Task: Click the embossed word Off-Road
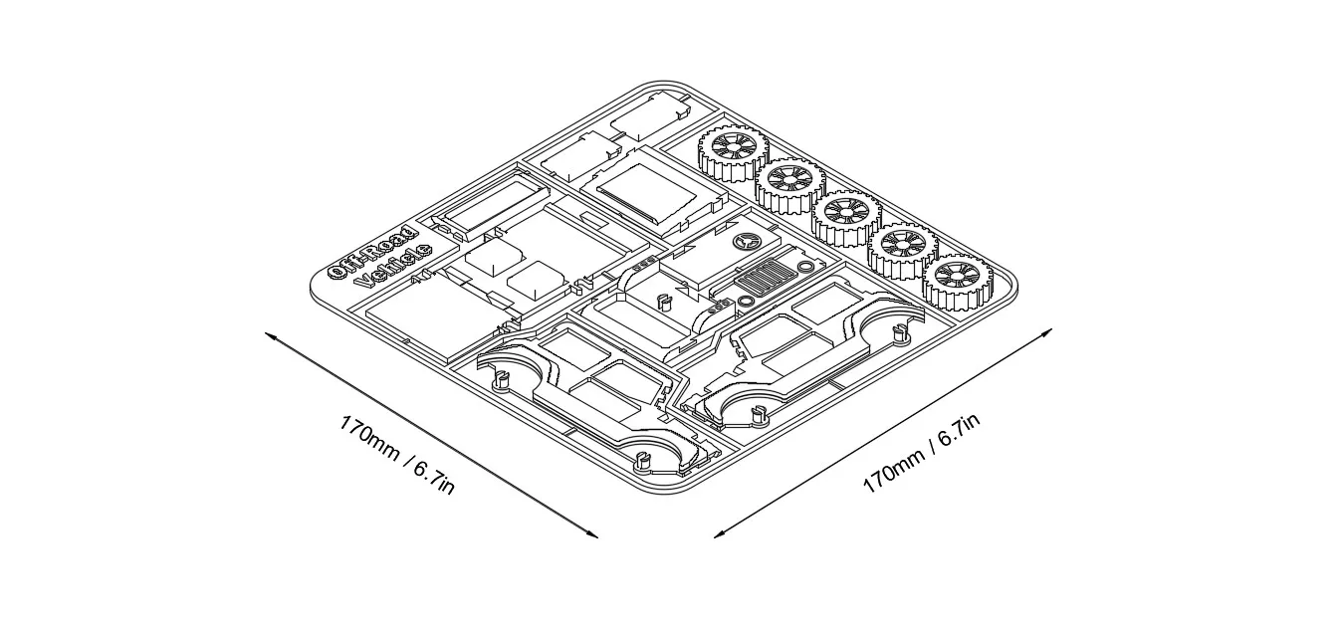(x=372, y=253)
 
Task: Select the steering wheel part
(x=746, y=242)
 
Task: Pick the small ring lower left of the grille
(x=746, y=301)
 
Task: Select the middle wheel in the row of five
(x=846, y=218)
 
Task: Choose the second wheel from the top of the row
(x=790, y=185)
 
